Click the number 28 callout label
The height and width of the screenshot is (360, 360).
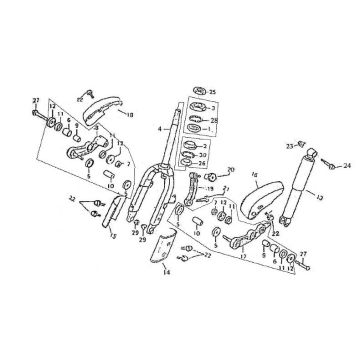pos(214,119)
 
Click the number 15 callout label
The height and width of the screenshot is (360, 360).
pos(113,236)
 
